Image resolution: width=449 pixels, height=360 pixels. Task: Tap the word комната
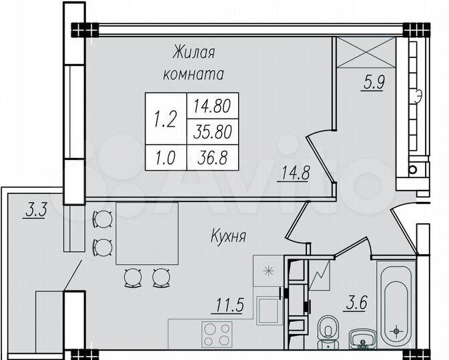tap(193, 74)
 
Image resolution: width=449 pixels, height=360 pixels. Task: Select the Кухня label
tap(229, 235)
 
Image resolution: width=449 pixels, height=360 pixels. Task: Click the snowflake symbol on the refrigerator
tap(269, 271)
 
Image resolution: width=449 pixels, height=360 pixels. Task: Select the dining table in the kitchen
tap(147, 233)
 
